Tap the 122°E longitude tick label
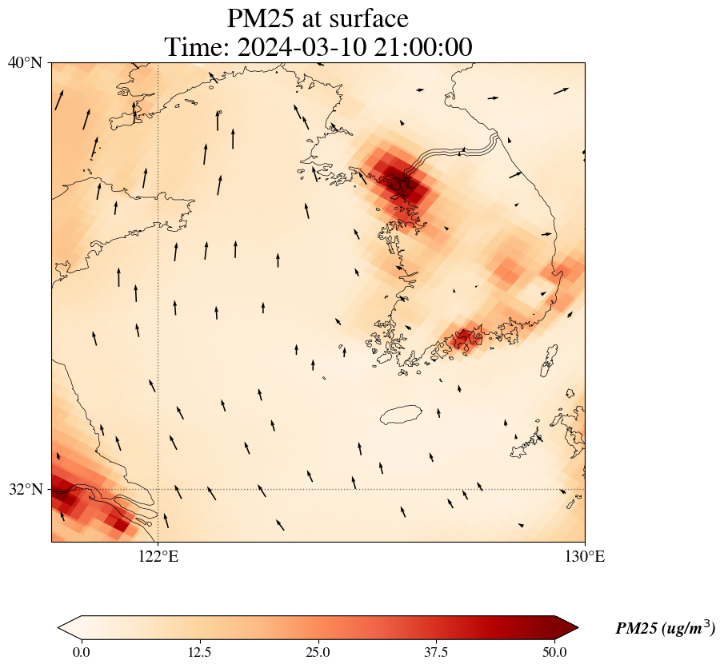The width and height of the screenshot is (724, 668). (158, 557)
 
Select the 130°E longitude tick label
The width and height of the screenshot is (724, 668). (585, 557)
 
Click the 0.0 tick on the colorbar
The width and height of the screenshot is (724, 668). (81, 652)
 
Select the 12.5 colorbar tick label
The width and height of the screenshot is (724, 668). (199, 652)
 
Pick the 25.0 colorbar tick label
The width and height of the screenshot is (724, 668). (318, 652)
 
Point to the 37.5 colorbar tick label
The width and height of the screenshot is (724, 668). (436, 652)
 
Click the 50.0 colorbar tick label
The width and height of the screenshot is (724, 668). (554, 652)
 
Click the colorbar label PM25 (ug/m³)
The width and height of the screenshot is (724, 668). (665, 629)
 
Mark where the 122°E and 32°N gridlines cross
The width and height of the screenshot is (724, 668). (158, 489)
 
